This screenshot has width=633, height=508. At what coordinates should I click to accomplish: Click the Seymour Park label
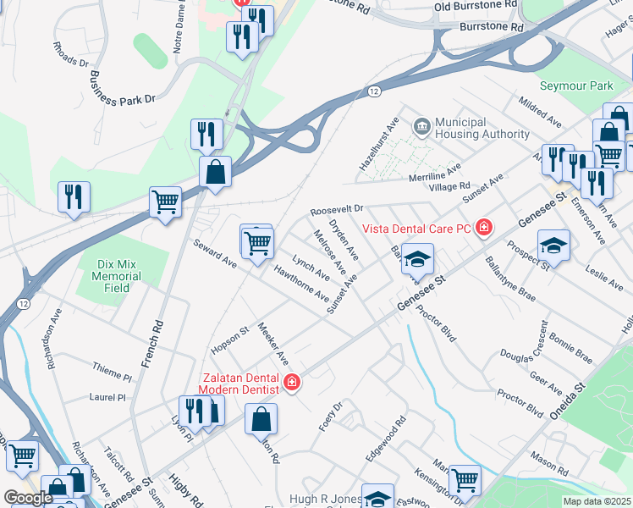(576, 86)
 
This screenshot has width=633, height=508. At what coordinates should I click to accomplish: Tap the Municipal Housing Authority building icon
(421, 127)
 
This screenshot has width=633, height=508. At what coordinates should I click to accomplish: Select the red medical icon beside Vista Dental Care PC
(483, 227)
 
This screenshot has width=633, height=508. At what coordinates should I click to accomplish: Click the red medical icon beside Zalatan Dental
(292, 383)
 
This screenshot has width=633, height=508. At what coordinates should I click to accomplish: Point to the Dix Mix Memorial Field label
(117, 276)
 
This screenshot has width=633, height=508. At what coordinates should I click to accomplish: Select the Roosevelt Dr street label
(336, 208)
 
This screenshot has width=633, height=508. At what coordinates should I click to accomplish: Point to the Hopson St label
(228, 339)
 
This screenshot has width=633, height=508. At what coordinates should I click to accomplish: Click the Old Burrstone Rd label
(475, 5)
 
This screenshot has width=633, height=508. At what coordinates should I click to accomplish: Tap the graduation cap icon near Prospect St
(553, 245)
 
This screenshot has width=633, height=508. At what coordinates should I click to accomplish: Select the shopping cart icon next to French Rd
(166, 202)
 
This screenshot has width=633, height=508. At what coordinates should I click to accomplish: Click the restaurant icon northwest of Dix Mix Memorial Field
(74, 197)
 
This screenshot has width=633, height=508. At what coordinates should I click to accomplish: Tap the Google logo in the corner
(27, 498)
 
